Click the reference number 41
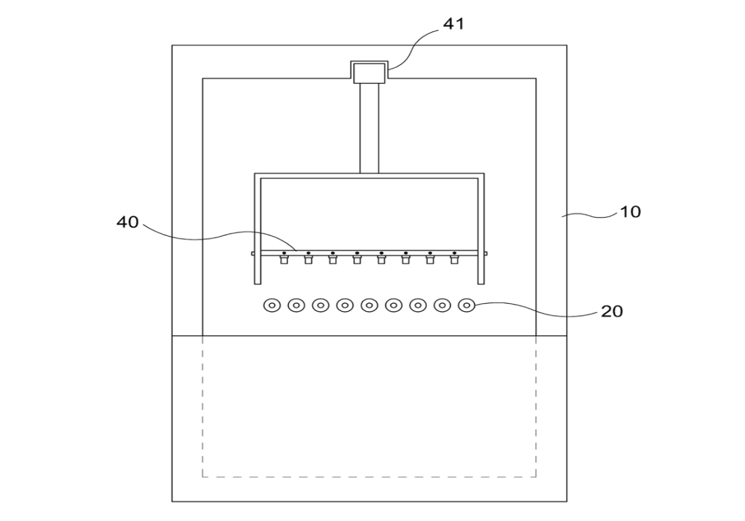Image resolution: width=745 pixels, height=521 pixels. click(x=453, y=23)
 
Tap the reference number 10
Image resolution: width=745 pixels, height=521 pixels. click(x=630, y=211)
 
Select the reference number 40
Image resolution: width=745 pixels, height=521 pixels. click(x=127, y=222)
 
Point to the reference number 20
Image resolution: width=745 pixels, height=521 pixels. click(x=612, y=312)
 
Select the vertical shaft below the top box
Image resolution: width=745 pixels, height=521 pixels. click(x=369, y=128)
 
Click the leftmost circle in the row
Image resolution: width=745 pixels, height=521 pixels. click(x=272, y=305)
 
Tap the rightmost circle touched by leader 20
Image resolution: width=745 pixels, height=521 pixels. click(x=467, y=305)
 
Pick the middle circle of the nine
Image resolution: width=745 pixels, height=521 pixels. click(x=369, y=305)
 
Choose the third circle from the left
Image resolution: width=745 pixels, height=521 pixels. click(x=321, y=305)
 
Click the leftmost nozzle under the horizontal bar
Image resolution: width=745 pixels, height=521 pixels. click(x=284, y=260)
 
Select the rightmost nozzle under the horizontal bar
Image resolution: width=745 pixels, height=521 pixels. click(x=454, y=260)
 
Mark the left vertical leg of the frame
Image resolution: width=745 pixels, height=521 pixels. click(x=257, y=231)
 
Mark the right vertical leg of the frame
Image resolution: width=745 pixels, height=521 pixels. click(x=481, y=231)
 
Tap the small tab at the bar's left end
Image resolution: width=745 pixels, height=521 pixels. click(x=254, y=254)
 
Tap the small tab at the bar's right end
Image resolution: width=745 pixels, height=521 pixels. click(x=486, y=254)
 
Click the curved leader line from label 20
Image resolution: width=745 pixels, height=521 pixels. click(x=537, y=310)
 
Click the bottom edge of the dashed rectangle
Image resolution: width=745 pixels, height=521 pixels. click(x=369, y=476)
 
